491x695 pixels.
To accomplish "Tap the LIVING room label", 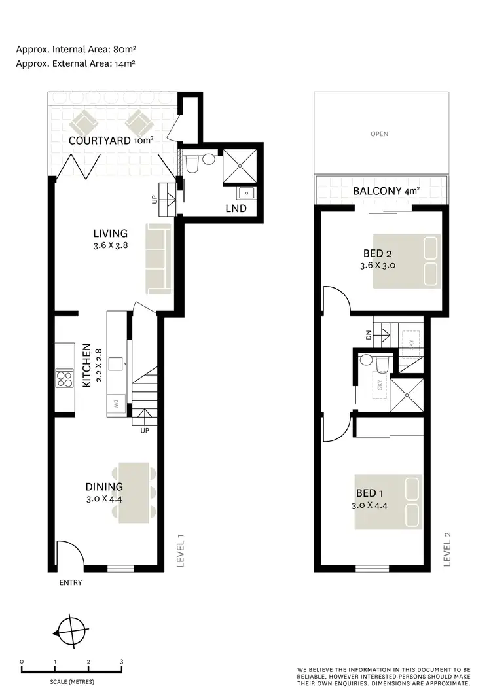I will pos(110,233).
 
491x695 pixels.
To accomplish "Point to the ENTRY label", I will pos(70,582).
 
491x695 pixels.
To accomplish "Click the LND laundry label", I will pos(236,209).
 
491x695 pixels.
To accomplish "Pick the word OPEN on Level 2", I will pos(379,134).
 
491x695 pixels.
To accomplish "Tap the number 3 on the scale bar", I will pos(122,662).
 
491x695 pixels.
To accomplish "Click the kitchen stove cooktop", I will pos(64,379).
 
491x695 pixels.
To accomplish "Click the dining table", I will pos(134,493).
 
